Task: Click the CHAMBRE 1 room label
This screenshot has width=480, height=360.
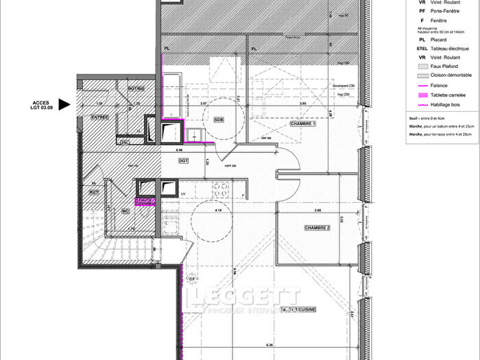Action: coord(302,124)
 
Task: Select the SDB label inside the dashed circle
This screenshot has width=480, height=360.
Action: coord(219,119)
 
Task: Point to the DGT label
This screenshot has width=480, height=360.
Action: coord(183,161)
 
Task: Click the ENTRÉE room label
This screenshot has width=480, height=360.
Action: coord(100,117)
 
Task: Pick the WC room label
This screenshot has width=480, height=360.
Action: coord(125,211)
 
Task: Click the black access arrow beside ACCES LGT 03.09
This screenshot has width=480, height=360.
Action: coord(64,105)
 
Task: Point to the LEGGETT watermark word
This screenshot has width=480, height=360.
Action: coord(245,297)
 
